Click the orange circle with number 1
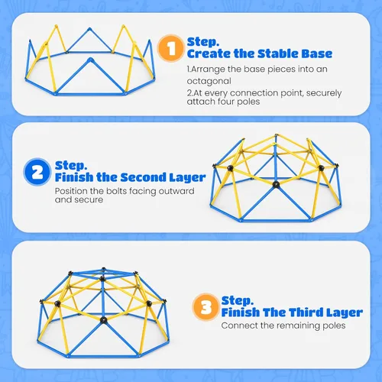[170, 48]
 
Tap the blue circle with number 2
[37, 172]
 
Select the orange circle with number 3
[206, 307]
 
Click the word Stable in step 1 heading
[278, 53]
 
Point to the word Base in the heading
[317, 53]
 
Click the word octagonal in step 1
[209, 81]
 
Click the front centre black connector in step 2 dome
[276, 184]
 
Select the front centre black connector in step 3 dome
[103, 320]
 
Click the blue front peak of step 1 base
[90, 60]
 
